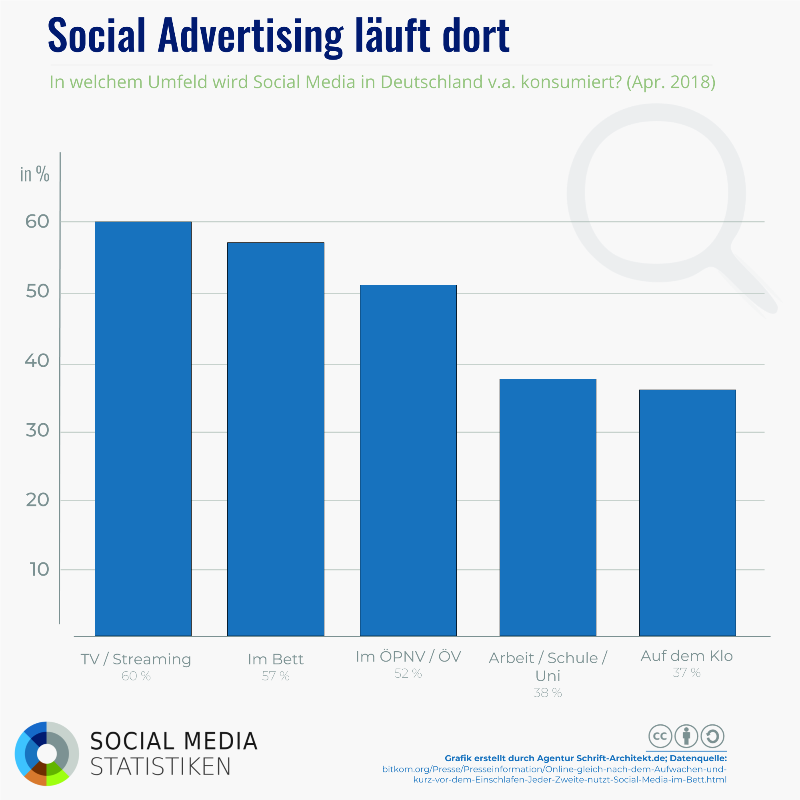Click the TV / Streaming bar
point(143,428)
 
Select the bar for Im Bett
point(275,439)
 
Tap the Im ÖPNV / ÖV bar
point(408,460)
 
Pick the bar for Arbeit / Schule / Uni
point(548,507)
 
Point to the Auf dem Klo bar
point(687,513)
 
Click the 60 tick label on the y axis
point(37,222)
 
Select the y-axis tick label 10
point(39,570)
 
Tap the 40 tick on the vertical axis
point(37,361)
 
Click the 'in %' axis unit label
point(35,174)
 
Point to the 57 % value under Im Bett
point(275,676)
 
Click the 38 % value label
point(548,693)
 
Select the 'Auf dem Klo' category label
point(686,656)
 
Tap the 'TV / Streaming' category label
point(136,659)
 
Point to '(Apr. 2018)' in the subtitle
point(671,82)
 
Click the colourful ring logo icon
point(47,754)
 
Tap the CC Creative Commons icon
point(660,736)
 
